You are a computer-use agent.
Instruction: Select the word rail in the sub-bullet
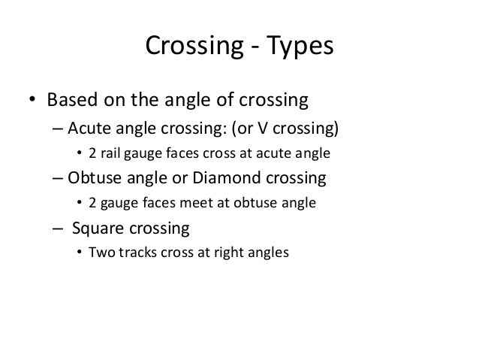(112, 153)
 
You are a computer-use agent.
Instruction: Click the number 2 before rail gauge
(93, 153)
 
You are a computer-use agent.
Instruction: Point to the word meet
(189, 203)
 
